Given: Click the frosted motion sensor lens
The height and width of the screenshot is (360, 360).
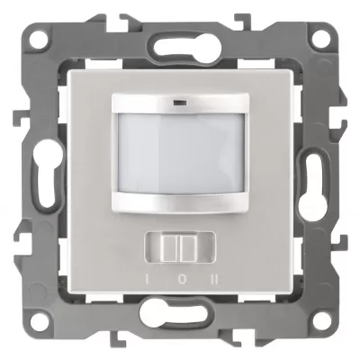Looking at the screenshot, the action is [x=181, y=154].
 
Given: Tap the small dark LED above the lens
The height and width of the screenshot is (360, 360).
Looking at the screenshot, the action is [x=179, y=103].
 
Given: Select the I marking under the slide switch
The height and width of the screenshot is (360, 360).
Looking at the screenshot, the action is [x=148, y=280].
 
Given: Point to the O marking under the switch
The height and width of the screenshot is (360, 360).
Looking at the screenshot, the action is [x=181, y=280].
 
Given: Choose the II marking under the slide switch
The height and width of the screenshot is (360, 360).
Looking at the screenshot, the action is [x=214, y=280].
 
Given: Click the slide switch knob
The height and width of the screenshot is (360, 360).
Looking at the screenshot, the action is [x=180, y=247].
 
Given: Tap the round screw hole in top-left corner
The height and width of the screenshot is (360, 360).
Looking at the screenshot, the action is [x=40, y=40].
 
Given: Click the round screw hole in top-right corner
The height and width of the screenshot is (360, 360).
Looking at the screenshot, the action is [x=320, y=40].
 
